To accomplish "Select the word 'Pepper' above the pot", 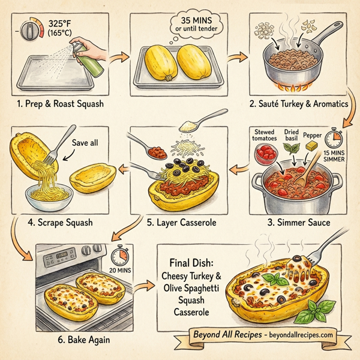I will pyautogui.click(x=312, y=135).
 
